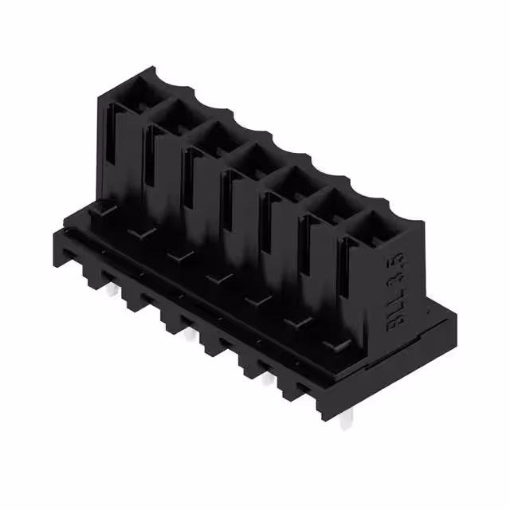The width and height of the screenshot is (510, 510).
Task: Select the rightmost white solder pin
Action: pyautogui.click(x=345, y=421)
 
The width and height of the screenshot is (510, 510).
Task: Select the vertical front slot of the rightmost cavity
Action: pyautogui.click(x=346, y=287)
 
